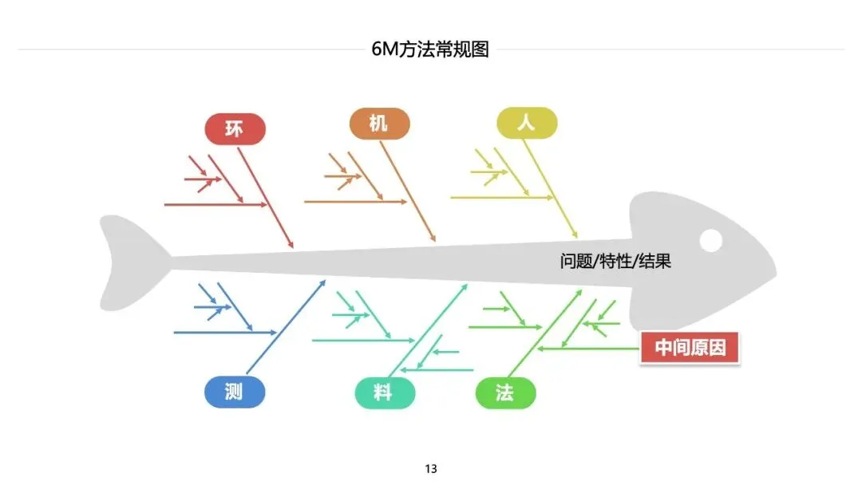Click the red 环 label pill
tap(235, 128)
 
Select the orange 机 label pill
tap(379, 123)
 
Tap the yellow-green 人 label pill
tap(526, 123)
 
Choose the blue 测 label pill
tap(234, 392)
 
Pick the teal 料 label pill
tap(385, 393)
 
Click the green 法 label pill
tap(505, 393)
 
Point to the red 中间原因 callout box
tap(690, 348)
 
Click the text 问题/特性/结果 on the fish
tap(615, 261)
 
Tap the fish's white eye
tap(710, 239)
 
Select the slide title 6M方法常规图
tap(430, 49)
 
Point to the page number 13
tap(431, 468)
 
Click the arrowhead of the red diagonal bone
tap(291, 245)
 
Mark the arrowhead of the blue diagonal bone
tap(323, 282)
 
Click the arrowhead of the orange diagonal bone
tap(433, 239)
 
